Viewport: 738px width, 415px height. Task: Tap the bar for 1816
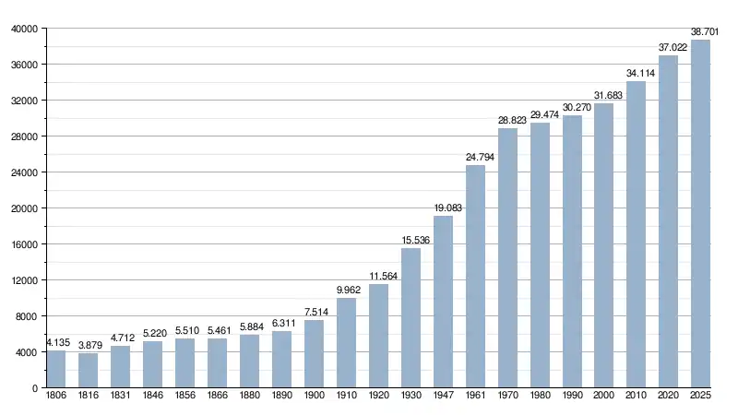(89, 371)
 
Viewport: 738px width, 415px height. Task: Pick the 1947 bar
(443, 302)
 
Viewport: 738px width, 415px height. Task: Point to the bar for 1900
(314, 354)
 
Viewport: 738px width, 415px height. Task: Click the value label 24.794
(475, 158)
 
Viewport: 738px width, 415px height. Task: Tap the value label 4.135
(56, 343)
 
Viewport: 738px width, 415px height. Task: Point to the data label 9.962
(346, 290)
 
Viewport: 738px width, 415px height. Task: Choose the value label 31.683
(604, 95)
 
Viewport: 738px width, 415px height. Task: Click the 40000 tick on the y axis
(24, 29)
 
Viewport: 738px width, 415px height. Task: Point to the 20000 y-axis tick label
(24, 208)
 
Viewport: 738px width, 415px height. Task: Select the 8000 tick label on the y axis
(27, 316)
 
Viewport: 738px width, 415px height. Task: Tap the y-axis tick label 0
(34, 388)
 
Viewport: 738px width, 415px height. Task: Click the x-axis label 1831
(121, 397)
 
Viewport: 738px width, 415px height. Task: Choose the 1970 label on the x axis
(507, 397)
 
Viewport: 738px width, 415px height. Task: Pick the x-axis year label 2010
(637, 397)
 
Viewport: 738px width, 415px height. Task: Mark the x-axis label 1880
(249, 397)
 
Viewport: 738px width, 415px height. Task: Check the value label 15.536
(411, 241)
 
